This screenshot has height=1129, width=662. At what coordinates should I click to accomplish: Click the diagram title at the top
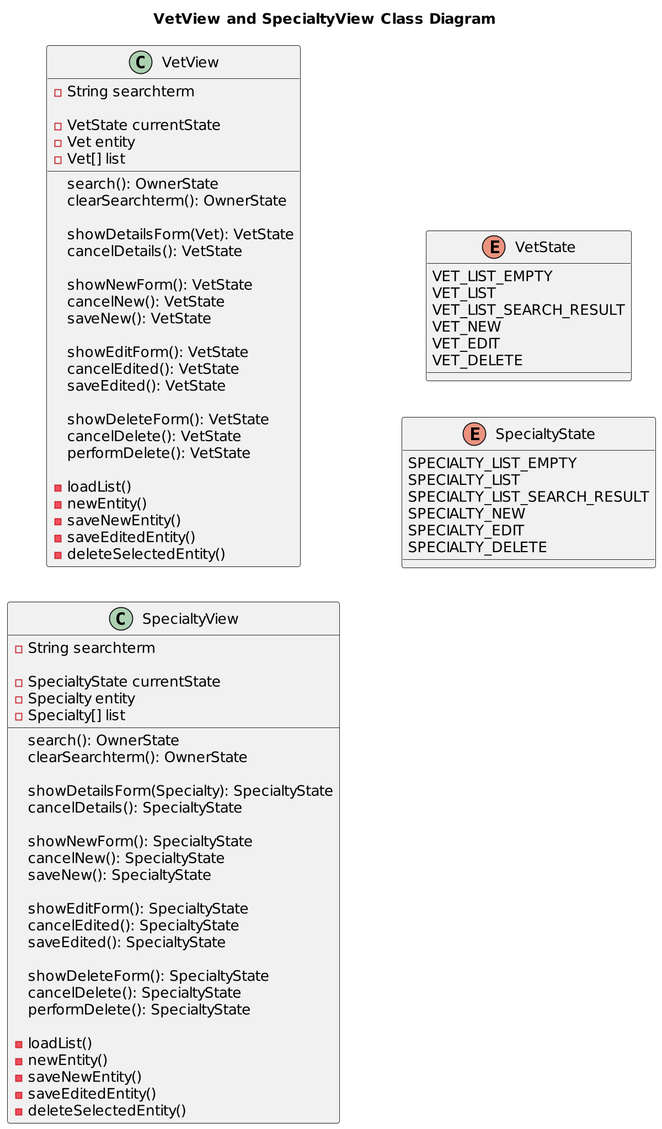(324, 19)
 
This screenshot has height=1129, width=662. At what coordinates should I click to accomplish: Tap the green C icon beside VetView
(141, 62)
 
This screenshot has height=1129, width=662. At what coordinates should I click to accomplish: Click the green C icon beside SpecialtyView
(121, 619)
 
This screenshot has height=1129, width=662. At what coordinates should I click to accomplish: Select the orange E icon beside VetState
(494, 247)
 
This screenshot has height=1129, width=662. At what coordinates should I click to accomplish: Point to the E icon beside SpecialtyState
(474, 434)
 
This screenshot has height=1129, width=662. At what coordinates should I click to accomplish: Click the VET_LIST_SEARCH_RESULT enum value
(528, 310)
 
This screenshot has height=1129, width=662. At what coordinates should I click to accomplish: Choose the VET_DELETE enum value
(477, 361)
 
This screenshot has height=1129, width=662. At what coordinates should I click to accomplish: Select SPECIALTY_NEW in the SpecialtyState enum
(467, 513)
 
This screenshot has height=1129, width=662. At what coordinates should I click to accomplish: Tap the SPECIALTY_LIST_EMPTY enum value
(492, 463)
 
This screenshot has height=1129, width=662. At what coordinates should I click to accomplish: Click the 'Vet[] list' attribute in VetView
(96, 159)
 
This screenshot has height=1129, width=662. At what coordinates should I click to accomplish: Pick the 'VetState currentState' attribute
(143, 125)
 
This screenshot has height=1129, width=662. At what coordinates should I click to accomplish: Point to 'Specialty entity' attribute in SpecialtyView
(81, 699)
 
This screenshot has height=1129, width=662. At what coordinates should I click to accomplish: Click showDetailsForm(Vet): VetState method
(180, 234)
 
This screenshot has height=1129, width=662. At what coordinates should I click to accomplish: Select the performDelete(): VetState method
(158, 453)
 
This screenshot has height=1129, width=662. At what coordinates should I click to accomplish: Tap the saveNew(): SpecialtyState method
(119, 875)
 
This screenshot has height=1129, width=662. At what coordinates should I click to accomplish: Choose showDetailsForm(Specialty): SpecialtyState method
(180, 791)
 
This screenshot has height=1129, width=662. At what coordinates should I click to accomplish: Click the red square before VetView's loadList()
(58, 488)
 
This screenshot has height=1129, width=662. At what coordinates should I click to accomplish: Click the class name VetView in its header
(190, 63)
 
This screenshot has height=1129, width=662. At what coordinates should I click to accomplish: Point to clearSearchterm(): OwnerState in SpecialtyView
(137, 757)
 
